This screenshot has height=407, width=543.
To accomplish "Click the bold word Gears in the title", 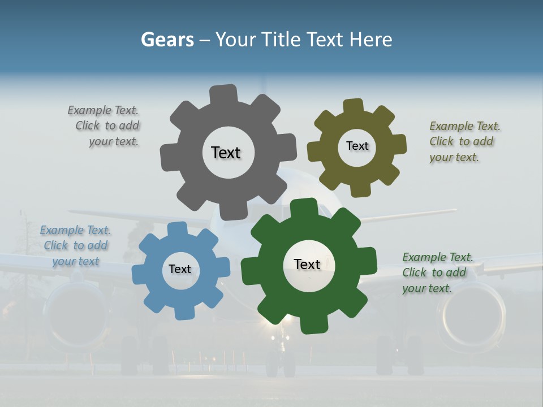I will pyautogui.click(x=167, y=40).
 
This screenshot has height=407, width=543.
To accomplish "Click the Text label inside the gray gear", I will pyautogui.click(x=226, y=153).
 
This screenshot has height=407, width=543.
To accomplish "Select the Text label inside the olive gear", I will pyautogui.click(x=357, y=146).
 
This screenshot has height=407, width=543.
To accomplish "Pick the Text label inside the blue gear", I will pyautogui.click(x=180, y=269).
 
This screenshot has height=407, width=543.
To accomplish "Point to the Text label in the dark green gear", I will pyautogui.click(x=307, y=264).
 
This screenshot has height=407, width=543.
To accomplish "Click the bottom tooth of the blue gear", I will pyautogui.click(x=183, y=311).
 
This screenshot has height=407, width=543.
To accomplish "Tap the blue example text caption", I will pyautogui.click(x=75, y=245).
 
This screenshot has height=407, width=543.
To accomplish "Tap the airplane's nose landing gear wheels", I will pyautogui.click(x=281, y=365).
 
